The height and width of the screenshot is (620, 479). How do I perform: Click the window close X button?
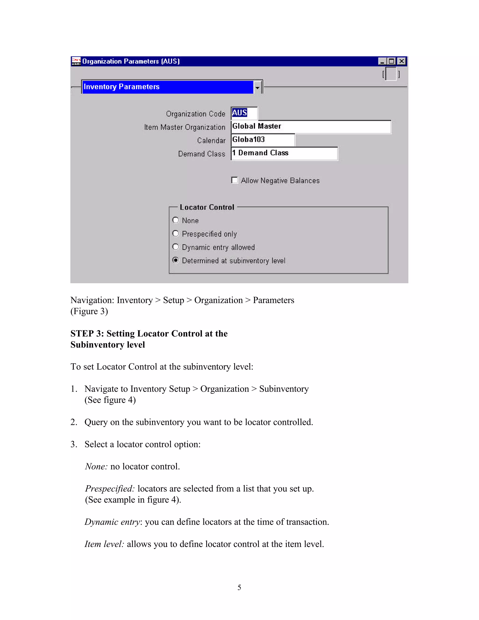pos(401,61)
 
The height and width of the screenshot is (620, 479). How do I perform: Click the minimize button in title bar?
pos(382,61)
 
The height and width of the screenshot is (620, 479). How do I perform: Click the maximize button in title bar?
pos(392,61)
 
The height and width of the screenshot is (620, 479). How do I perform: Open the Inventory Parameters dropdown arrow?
pos(257,87)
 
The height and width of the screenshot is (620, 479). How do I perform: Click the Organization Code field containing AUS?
pos(244,113)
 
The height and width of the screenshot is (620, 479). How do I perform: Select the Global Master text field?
pos(311,127)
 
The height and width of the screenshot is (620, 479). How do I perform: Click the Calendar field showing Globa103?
pos(263,140)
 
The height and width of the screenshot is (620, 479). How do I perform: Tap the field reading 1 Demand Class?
pos(284,153)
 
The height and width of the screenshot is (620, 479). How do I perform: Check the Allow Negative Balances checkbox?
pos(234,180)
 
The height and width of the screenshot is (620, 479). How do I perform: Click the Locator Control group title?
pos(207,207)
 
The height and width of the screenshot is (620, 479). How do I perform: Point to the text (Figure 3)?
pos(89,311)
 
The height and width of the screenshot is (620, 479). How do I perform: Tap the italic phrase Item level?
pos(104,544)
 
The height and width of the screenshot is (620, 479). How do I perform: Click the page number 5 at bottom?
pos(239,587)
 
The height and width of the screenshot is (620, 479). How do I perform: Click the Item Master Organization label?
pos(185,127)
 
